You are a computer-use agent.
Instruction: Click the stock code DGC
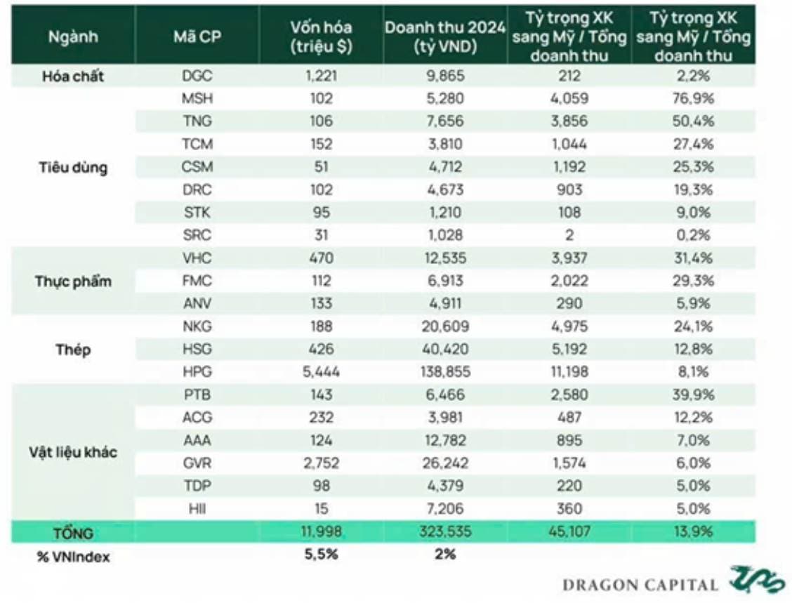[197, 76]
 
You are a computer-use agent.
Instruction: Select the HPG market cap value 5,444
[322, 371]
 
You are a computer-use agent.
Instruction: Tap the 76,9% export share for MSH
[693, 99]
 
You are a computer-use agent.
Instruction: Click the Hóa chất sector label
[73, 76]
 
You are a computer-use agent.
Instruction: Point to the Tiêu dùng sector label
[73, 167]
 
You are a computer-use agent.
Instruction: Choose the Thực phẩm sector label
[73, 281]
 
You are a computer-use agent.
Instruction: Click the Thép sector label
[73, 349]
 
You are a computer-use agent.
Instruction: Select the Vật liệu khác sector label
[73, 451]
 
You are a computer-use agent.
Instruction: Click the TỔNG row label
[73, 532]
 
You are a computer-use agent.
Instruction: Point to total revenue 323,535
[444, 532]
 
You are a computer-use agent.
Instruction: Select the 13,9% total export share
[693, 532]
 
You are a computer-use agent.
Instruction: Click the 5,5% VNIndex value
[322, 555]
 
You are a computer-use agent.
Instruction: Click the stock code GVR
[197, 463]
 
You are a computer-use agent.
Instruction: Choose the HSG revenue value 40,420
[444, 349]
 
